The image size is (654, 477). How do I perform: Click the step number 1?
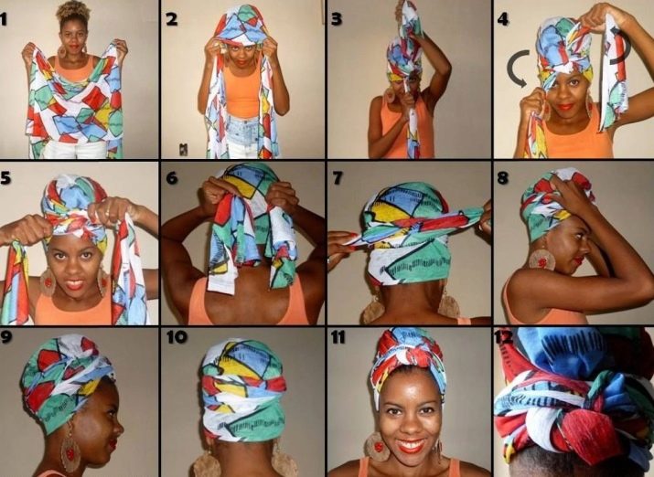[x=3, y=19]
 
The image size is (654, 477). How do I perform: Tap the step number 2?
[x=171, y=19]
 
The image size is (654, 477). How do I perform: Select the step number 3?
[x=337, y=19]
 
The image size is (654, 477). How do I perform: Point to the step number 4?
[x=502, y=19]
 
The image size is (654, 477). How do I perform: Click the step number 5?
[x=5, y=178]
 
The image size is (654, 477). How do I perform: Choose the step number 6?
[x=172, y=178]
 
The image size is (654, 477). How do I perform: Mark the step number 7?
[x=337, y=178]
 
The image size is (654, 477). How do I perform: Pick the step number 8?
[x=502, y=178]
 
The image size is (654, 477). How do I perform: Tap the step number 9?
[x=5, y=336]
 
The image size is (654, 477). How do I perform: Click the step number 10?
[x=177, y=337]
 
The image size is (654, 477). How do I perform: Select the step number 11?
[x=338, y=337]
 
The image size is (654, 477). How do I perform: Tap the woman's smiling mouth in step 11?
[x=411, y=446]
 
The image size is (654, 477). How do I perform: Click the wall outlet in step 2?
[x=183, y=149]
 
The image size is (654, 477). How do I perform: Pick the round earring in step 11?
[x=377, y=447]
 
